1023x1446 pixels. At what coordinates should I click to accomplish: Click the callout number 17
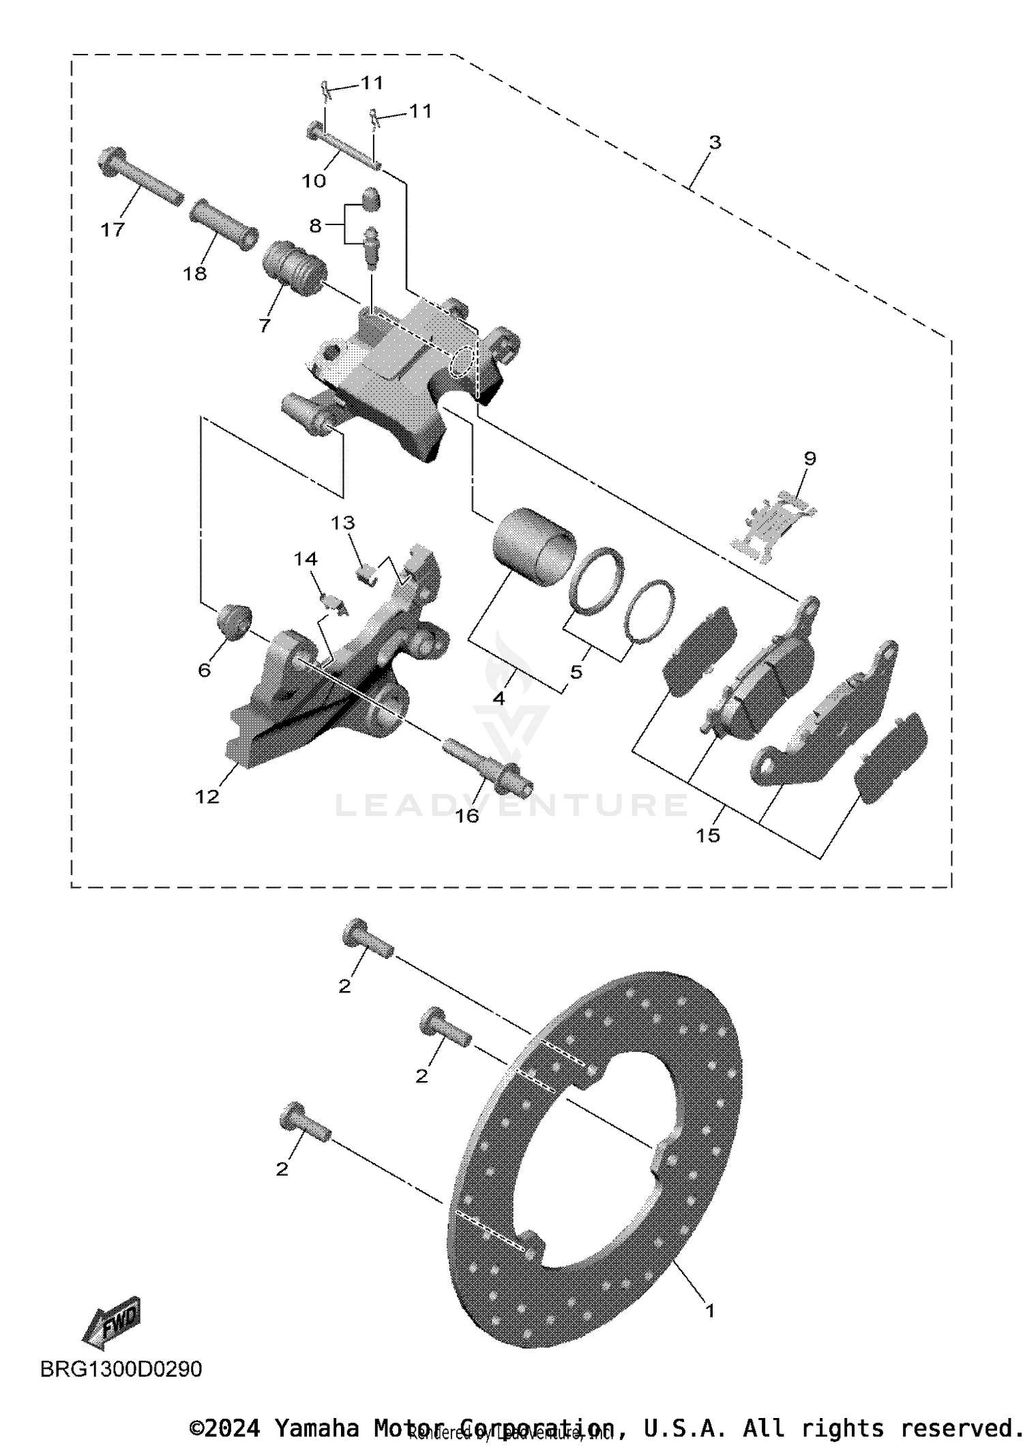coord(113,230)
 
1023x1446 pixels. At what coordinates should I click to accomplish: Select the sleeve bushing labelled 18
coord(223,224)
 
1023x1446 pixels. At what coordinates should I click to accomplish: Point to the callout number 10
coord(314,181)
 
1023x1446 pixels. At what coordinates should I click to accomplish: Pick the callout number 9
coord(810,458)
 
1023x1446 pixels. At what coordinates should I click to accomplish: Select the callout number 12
coord(207,796)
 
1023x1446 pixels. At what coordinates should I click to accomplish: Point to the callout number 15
coord(708,835)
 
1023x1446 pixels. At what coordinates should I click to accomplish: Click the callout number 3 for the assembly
coord(714,143)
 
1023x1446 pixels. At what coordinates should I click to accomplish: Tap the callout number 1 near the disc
coord(709,1310)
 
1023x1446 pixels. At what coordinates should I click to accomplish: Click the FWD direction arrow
coord(111,1321)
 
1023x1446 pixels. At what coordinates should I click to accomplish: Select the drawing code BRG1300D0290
coord(121,1369)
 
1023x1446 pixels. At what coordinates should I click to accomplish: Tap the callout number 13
coord(343,523)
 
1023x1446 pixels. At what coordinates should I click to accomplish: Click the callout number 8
coord(314,226)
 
